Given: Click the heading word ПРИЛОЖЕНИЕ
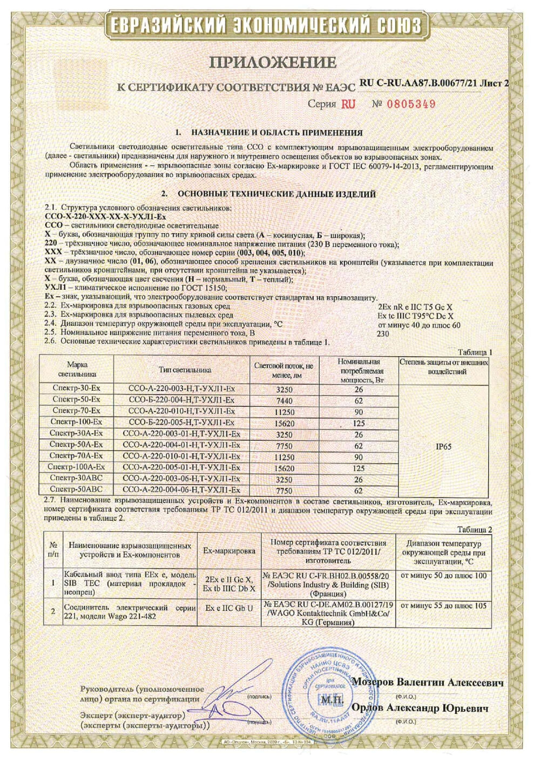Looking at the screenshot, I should pyautogui.click(x=272, y=63).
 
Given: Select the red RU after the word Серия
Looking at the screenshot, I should pyautogui.click(x=348, y=104).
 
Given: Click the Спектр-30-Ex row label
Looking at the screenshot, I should pyautogui.click(x=77, y=389).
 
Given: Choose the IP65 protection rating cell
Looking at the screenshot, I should pyautogui.click(x=443, y=446).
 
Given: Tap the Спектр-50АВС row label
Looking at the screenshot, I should pyautogui.click(x=76, y=490).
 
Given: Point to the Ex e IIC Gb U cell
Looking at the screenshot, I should pyautogui.click(x=229, y=608).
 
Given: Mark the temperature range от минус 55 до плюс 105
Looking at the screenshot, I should pyautogui.click(x=443, y=605).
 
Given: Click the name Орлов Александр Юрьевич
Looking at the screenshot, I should pyautogui.click(x=420, y=708).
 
